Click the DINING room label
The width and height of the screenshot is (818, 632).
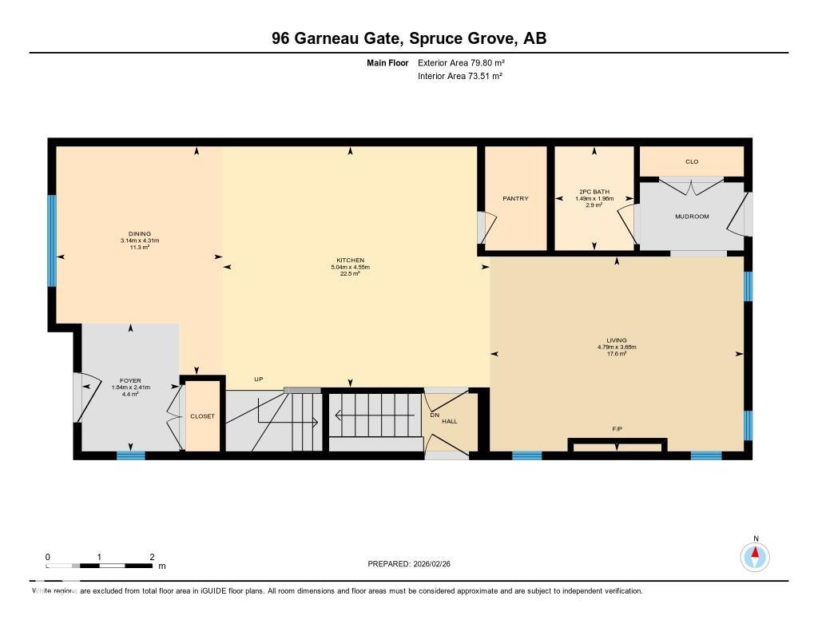(140, 234)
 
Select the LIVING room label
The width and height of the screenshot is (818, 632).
(617, 340)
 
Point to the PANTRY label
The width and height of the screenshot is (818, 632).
(515, 198)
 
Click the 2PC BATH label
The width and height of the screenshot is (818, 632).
(594, 192)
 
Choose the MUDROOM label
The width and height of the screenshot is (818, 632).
(692, 217)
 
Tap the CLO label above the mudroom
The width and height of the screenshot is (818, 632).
(692, 161)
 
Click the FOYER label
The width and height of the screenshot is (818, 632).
(130, 381)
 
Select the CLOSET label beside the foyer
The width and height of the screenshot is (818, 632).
(202, 416)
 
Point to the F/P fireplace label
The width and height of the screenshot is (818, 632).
(617, 429)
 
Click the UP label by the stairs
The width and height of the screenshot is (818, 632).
(258, 379)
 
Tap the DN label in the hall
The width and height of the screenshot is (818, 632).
(435, 415)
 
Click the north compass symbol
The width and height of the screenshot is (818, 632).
(754, 555)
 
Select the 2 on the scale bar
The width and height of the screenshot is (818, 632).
(152, 557)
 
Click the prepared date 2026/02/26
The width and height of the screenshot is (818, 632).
(436, 563)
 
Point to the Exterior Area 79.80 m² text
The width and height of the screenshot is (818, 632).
(461, 62)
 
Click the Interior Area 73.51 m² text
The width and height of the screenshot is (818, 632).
(459, 76)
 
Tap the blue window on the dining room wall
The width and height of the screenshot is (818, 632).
(52, 240)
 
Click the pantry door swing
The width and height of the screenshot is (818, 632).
(486, 228)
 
